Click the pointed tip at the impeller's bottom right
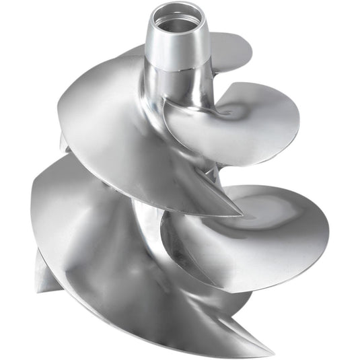click(273, 353)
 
